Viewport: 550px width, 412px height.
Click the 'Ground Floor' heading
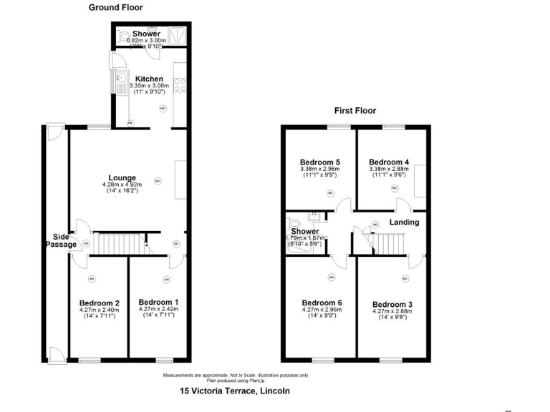click(115, 8)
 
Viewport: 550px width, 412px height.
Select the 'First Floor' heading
click(354, 111)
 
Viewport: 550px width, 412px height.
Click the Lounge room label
click(122, 178)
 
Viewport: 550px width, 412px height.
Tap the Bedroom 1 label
click(158, 302)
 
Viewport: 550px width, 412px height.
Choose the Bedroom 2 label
click(99, 303)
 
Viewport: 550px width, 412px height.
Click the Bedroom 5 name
click(319, 162)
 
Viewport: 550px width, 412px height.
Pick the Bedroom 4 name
click(389, 162)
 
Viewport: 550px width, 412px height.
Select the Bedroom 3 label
click(392, 303)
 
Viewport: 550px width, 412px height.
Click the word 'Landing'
click(404, 222)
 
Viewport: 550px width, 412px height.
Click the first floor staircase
click(391, 243)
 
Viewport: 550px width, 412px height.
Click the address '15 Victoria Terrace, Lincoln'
click(234, 391)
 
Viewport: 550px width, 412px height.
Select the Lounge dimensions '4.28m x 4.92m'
click(122, 185)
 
